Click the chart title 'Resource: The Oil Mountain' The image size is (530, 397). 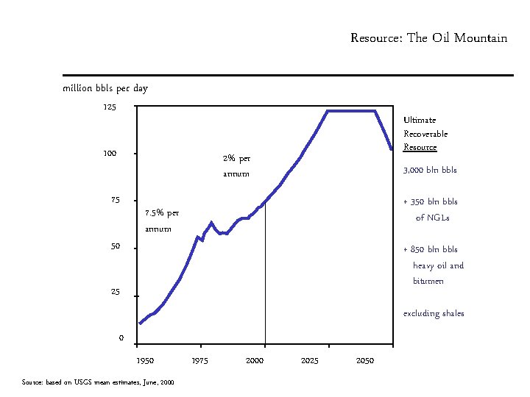pos(428,37)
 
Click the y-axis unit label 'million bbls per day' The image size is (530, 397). pos(105,88)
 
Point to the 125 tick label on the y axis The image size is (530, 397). pos(110,107)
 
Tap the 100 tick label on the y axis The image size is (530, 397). pos(110,153)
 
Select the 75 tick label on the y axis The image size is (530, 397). pos(116,200)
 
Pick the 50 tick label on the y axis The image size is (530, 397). pos(116,246)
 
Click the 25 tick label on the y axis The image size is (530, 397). pos(116,292)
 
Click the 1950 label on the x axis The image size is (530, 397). pos(145,360)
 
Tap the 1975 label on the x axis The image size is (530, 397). pos(199,360)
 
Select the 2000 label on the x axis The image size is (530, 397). pos(255,360)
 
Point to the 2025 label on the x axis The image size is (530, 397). pos(310,360)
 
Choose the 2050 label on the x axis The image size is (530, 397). pos(365,360)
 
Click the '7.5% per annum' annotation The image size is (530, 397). pos(162,221)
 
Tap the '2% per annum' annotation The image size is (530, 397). pos(236,166)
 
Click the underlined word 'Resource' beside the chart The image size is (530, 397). pos(420,147)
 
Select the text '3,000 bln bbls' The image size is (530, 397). pos(430,170)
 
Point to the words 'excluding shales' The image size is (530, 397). pos(434,313)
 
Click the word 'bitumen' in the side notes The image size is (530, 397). pos(428,281)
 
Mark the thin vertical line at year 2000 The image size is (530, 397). pos(265,273)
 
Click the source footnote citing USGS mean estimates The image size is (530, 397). pos(98,382)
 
